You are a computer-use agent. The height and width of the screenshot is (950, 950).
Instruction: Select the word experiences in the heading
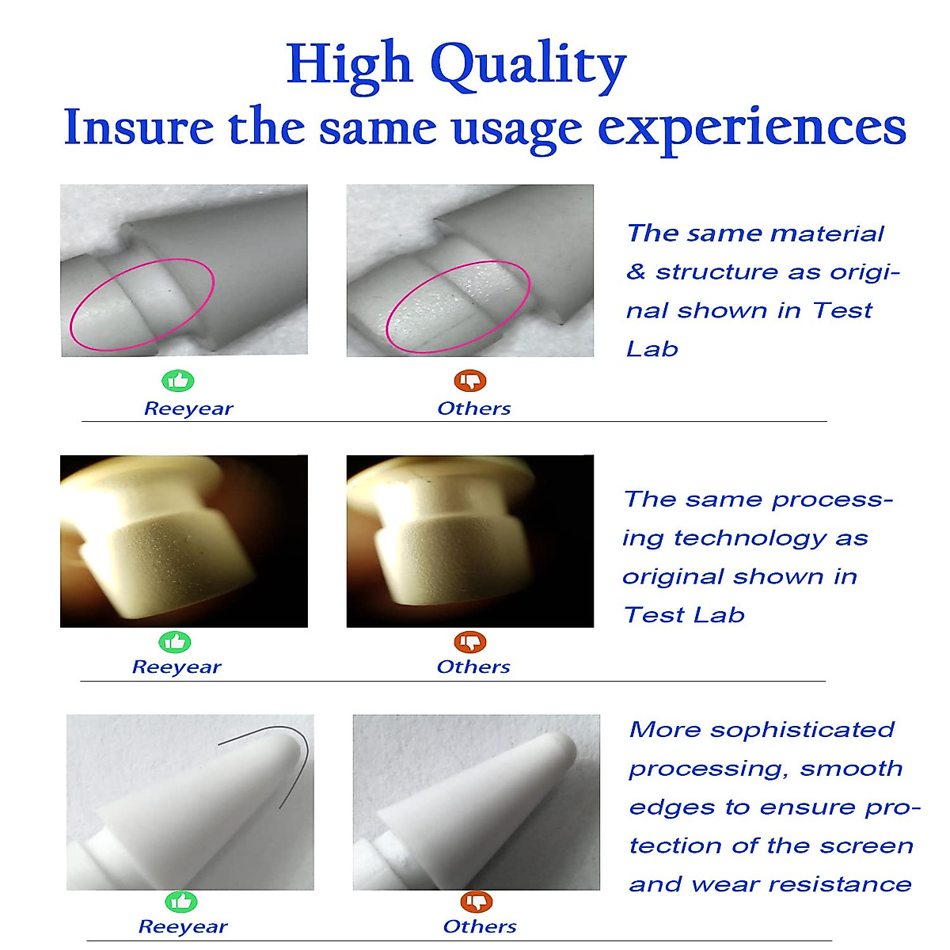[x=752, y=129]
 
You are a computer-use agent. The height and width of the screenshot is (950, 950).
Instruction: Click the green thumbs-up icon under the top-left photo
[x=178, y=381]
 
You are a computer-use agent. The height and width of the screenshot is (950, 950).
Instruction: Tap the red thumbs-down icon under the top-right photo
[x=469, y=381]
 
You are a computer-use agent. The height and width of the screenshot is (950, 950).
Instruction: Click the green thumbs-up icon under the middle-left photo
[x=174, y=642]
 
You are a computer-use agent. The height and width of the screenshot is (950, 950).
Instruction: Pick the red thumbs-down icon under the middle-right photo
[x=469, y=642]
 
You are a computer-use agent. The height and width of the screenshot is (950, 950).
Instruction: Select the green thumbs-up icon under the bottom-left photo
[x=181, y=902]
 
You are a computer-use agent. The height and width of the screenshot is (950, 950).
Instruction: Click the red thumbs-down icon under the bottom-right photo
[x=477, y=902]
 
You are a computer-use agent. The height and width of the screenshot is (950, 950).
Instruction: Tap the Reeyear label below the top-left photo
[x=188, y=408]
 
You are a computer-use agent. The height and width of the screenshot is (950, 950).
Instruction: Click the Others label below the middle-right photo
[x=473, y=667]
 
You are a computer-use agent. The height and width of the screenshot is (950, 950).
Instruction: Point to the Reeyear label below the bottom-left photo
[x=183, y=927]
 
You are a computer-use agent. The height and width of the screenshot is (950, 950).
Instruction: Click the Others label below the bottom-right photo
[x=480, y=927]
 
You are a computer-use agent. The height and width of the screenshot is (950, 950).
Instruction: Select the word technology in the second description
[x=750, y=539]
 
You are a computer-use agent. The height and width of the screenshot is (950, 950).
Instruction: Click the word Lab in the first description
[x=652, y=350]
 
